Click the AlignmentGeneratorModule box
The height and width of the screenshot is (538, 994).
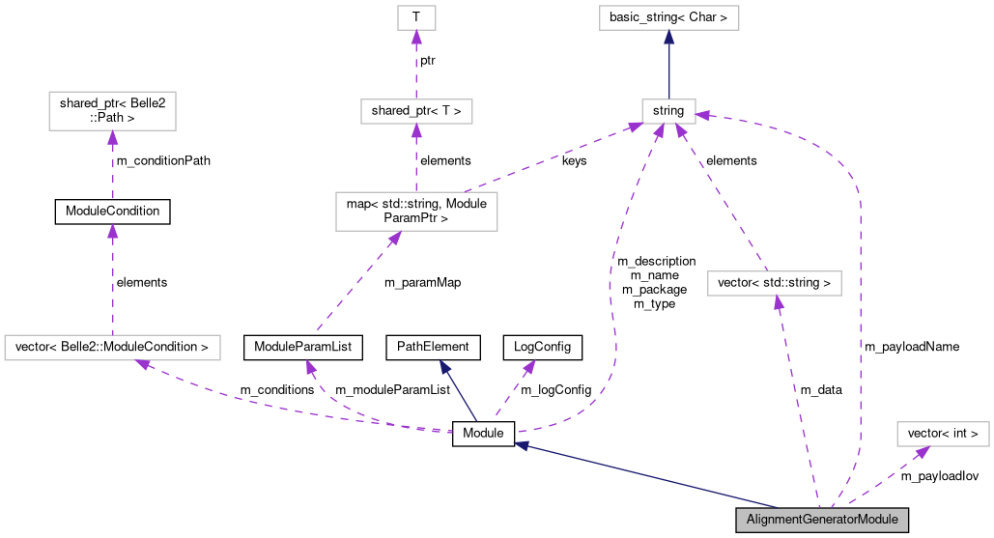(x=822, y=520)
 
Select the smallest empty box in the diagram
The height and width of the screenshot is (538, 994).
(x=416, y=17)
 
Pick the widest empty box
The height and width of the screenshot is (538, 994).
(x=112, y=348)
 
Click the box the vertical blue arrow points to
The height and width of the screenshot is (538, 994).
(x=668, y=17)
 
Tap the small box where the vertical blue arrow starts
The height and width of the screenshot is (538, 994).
(x=668, y=111)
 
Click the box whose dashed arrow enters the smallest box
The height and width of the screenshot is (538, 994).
(x=416, y=111)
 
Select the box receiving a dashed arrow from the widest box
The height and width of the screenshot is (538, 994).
(x=112, y=111)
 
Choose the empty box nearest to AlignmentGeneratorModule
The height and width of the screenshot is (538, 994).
(x=942, y=434)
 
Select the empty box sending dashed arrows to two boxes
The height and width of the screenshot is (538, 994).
(x=416, y=212)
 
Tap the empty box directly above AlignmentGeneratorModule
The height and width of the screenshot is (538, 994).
(x=774, y=283)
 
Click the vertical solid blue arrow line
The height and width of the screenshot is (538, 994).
(x=668, y=68)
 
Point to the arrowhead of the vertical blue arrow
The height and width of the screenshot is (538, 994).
(x=668, y=38)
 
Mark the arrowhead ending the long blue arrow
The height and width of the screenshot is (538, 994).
(x=522, y=445)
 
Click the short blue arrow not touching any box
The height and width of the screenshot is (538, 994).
(x=460, y=392)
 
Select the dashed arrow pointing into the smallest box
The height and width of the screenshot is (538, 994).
(x=416, y=68)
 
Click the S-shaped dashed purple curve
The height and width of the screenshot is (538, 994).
(x=612, y=290)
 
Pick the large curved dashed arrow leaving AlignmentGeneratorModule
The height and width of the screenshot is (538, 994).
(x=858, y=290)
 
